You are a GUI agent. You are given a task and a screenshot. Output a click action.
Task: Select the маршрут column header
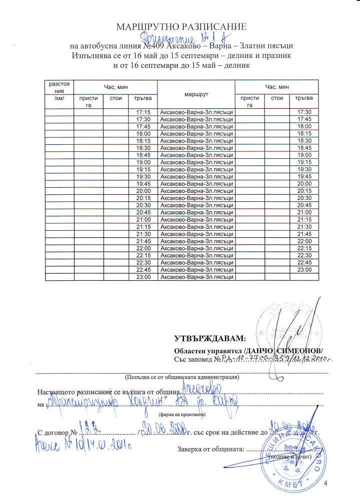point(195,92)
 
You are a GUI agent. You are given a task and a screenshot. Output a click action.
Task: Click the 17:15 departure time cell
point(143,111)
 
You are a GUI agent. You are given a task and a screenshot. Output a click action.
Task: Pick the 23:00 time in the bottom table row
point(143,276)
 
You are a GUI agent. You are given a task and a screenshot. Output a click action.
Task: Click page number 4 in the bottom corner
point(325,483)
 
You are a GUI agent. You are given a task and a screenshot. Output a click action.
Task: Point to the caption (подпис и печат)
point(290,457)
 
